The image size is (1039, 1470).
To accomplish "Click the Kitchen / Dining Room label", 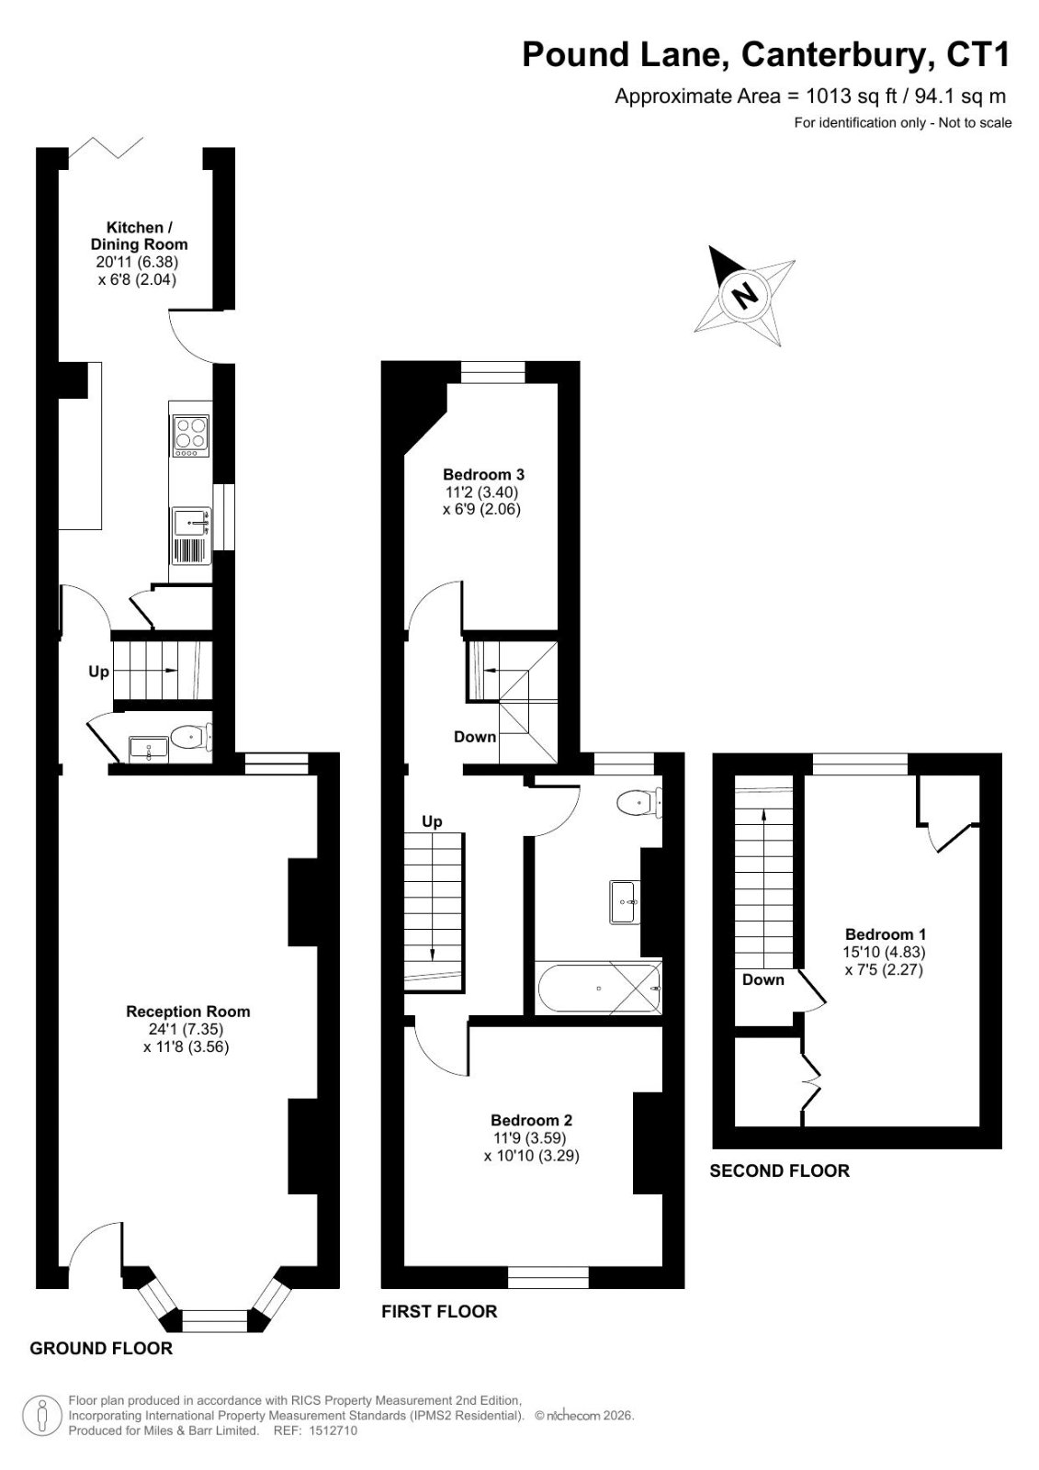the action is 139,236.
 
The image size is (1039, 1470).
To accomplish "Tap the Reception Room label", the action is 188,1012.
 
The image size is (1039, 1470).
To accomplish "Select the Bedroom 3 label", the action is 484,474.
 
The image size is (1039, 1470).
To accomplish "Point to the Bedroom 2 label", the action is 532,1120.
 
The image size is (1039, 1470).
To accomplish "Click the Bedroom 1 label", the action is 886,933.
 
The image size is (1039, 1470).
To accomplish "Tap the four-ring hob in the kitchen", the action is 191,436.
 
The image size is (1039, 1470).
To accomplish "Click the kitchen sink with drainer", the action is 191,535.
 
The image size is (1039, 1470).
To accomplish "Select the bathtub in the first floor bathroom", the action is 599,988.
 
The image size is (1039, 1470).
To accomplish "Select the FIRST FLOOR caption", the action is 440,1311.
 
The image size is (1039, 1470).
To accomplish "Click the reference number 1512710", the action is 333,1430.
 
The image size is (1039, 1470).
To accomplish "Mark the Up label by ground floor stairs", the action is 99,672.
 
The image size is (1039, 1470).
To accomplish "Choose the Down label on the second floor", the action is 763,979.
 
